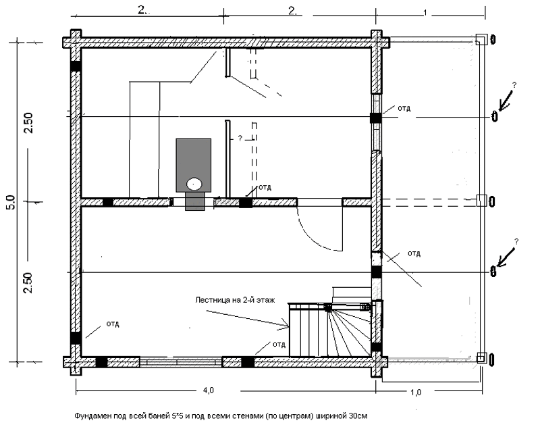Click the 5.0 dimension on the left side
point(9,202)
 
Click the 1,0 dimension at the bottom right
point(416,391)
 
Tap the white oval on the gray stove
point(194,182)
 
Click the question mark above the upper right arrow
point(514,85)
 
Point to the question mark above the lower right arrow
point(516,241)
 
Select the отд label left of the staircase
point(279,344)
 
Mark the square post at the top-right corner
point(481,39)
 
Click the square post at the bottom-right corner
point(481,358)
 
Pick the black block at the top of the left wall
point(76,66)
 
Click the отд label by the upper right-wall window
point(404,107)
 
